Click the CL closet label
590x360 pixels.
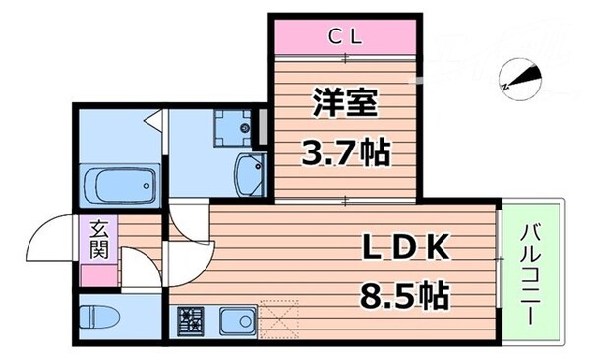coord(346,37)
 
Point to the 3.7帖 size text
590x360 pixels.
coord(347,152)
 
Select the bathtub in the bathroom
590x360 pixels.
coord(120,183)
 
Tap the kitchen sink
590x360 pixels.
coord(236,319)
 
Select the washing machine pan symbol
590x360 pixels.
coord(235,126)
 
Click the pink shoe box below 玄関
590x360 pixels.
coord(99,275)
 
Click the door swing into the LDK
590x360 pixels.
coord(189,236)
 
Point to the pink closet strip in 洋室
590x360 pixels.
coord(346,37)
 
